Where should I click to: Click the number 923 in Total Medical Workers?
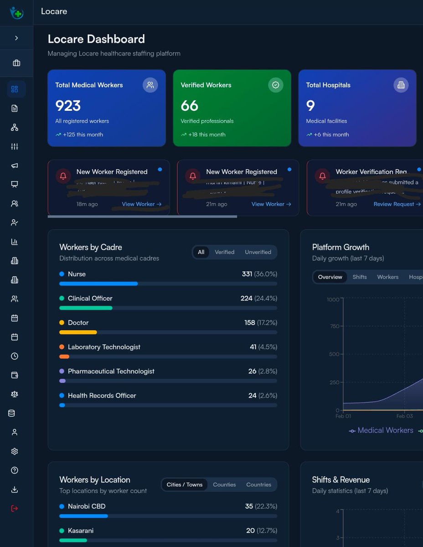pos(68,106)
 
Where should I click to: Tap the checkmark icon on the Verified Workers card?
pos(275,85)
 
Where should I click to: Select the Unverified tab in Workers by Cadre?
pos(258,252)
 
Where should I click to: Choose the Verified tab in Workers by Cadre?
pos(224,252)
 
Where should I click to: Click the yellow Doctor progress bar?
pos(78,332)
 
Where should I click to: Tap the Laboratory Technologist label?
pos(104,347)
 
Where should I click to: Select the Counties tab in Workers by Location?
pos(224,485)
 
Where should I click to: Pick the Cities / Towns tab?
pos(185,485)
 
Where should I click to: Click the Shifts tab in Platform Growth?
pos(359,277)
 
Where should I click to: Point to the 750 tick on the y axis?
pos(334,326)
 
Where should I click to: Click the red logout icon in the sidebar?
pos(15,508)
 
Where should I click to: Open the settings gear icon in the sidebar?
pos(15,451)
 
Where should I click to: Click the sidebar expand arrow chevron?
pos(16,38)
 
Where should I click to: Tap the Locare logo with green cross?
pos(16,12)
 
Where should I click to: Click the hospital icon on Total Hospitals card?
pos(401,85)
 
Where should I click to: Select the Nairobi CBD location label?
pos(86,506)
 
